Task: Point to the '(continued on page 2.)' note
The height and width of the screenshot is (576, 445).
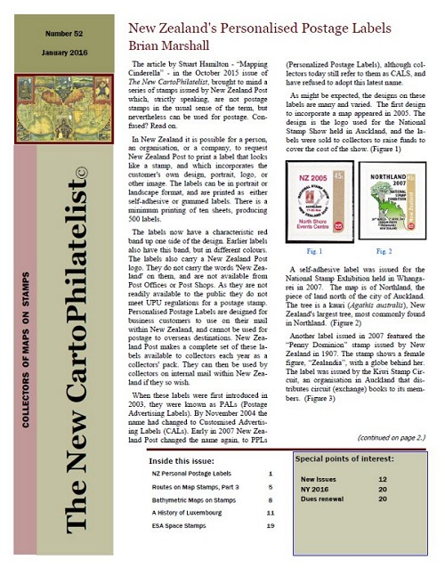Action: coord(389,438)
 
